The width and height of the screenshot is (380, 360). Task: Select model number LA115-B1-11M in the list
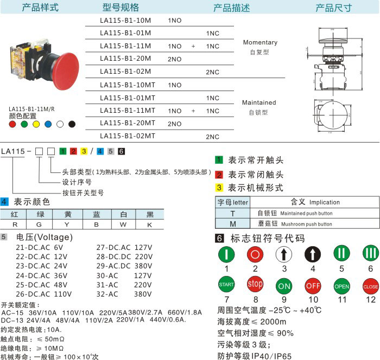[125, 46]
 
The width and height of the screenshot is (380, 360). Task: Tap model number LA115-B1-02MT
[128, 136]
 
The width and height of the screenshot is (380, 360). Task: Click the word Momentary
[260, 42]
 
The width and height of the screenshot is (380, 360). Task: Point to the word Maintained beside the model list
[259, 102]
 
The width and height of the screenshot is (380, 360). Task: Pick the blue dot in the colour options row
[48, 124]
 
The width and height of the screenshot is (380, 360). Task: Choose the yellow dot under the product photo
[36, 124]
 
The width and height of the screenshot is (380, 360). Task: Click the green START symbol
[226, 284]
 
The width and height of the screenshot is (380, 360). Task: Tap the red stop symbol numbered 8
[255, 284]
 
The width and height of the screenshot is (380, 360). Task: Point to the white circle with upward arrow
[284, 254]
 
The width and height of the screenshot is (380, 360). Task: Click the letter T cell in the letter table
[233, 213]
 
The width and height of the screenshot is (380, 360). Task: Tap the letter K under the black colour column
[149, 223]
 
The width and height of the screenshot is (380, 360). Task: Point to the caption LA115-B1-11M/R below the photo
[31, 109]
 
